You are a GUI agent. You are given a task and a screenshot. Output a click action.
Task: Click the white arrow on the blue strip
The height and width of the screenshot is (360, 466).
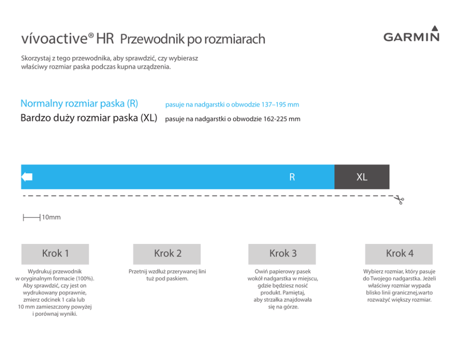tap(27, 177)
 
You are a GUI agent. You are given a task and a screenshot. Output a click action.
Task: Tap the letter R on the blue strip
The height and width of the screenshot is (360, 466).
tap(292, 177)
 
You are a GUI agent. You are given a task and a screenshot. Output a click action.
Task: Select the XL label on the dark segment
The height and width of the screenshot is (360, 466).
tap(362, 177)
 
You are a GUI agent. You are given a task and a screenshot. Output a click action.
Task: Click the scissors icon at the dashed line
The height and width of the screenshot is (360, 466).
tap(399, 200)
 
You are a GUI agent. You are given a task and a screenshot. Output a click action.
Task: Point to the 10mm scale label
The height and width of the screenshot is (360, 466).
tap(51, 218)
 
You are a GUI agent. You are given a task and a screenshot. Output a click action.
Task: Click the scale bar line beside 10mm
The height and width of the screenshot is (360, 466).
tap(31, 218)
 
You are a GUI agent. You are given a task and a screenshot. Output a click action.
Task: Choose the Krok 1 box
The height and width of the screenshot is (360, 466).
tap(55, 254)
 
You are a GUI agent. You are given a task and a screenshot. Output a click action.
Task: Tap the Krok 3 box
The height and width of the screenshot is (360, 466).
tap(282, 254)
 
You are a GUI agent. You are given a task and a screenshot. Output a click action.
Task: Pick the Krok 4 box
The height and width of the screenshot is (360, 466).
tap(399, 254)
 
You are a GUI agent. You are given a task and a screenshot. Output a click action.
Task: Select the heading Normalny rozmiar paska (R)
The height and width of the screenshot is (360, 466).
tap(79, 104)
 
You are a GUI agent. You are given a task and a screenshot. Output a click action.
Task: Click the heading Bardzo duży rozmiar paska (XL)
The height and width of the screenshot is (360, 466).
tap(89, 118)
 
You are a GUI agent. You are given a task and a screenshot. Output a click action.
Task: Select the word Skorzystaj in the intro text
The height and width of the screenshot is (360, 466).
tap(36, 58)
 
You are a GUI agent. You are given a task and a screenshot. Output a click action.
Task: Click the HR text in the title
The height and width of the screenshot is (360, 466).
tap(105, 39)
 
